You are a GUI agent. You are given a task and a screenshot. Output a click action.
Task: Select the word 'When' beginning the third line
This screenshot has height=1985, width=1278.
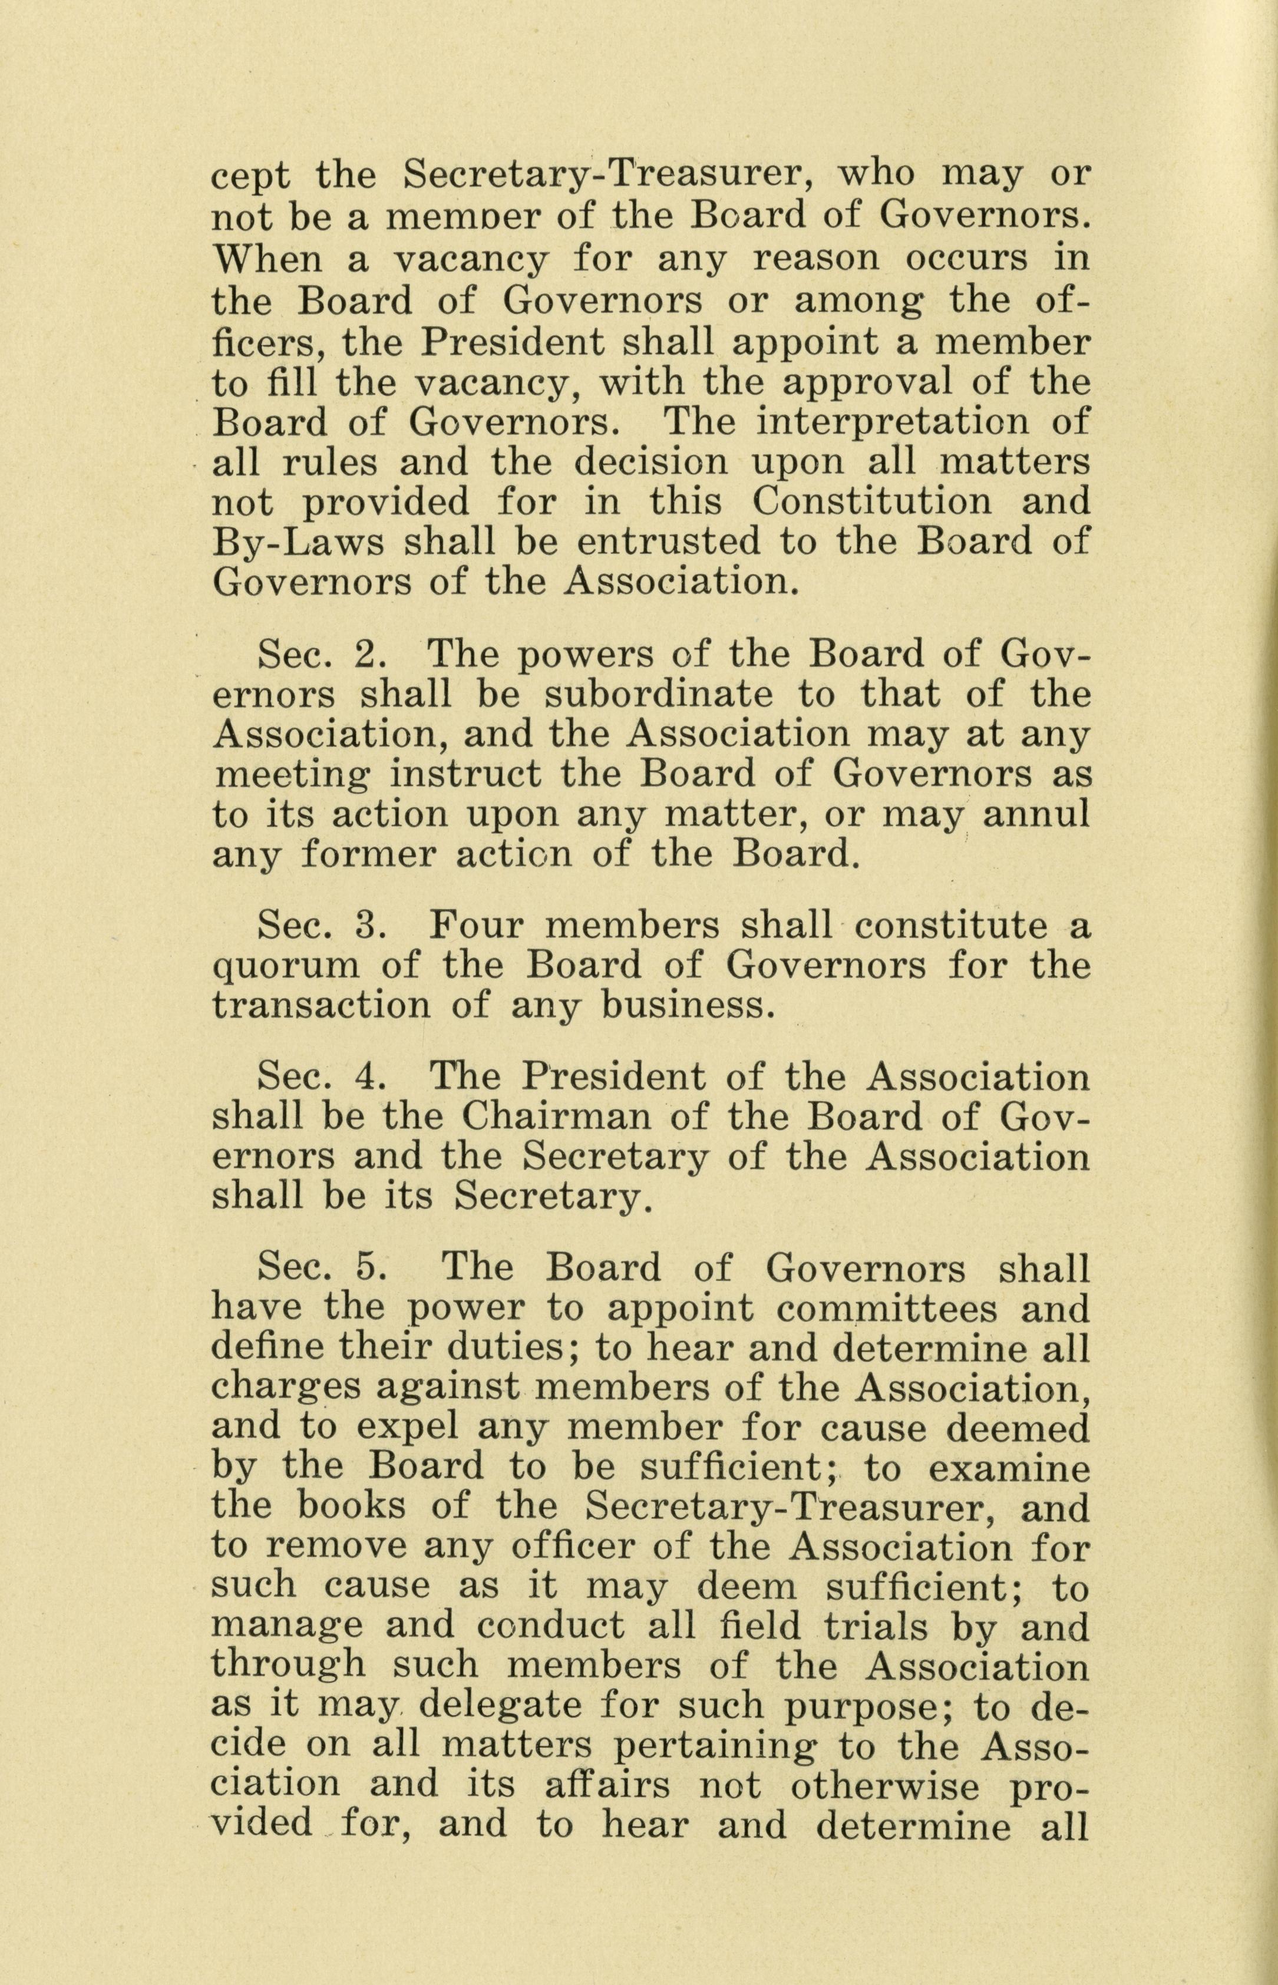[266, 259]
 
